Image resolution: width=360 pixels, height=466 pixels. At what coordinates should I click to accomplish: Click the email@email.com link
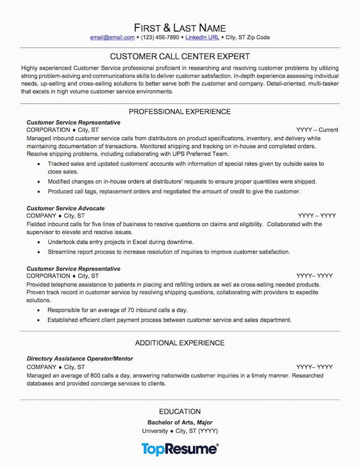click(112, 37)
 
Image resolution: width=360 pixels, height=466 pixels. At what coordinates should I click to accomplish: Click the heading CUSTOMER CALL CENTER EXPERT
click(180, 57)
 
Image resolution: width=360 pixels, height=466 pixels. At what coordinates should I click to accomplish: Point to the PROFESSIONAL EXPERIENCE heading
click(180, 112)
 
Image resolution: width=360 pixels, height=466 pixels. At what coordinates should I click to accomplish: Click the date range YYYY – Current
click(318, 130)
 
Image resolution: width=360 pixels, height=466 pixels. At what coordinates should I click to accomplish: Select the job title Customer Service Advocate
click(66, 208)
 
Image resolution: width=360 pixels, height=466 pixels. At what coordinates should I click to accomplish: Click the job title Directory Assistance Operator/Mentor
click(80, 359)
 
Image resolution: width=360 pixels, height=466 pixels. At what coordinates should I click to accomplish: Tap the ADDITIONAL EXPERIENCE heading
click(180, 343)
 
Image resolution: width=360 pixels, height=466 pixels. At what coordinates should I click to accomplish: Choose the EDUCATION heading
click(180, 412)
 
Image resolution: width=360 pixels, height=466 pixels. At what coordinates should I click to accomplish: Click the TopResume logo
click(180, 448)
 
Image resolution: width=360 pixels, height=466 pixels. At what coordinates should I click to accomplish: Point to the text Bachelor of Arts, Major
click(180, 423)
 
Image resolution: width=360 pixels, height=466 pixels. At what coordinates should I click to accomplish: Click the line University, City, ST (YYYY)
click(180, 431)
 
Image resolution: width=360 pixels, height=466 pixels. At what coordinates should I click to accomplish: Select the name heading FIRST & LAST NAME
click(180, 27)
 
